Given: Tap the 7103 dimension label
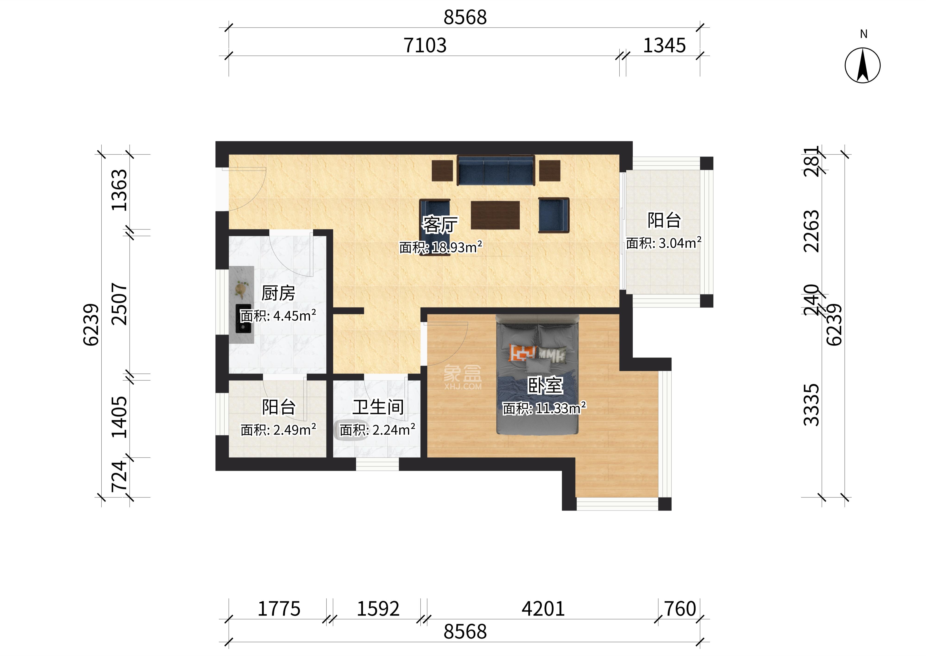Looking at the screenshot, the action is (x=425, y=45).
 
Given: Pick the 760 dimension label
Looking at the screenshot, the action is (x=680, y=609).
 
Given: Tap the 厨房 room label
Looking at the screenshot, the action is (x=278, y=293).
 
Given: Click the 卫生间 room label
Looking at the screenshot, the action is (x=378, y=407).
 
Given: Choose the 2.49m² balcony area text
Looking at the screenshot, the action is (x=295, y=430).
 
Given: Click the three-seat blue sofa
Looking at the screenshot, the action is (x=496, y=171).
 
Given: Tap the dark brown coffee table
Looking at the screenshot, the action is (x=495, y=215).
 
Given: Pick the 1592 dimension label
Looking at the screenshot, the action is (x=378, y=609).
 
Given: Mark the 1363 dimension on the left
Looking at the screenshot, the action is (x=120, y=190).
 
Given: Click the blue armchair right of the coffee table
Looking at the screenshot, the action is (x=554, y=215).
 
